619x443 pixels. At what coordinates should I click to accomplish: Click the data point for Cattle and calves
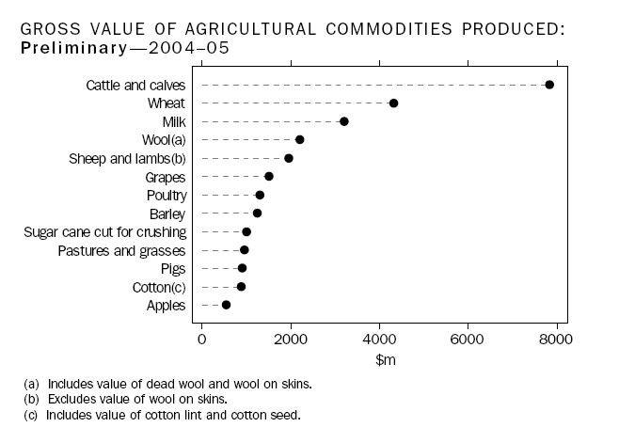pos(549,85)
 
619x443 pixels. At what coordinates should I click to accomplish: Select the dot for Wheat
pos(393,103)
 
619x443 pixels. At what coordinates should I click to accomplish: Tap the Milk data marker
pos(344,121)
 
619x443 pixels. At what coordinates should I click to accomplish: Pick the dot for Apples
pos(226,305)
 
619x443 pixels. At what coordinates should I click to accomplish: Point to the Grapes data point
pos(269,176)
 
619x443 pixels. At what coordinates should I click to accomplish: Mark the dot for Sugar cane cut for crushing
pos(246,231)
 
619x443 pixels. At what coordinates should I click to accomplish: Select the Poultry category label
pos(167,195)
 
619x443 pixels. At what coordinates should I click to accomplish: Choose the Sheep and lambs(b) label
pos(129,158)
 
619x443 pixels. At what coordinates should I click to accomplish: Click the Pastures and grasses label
pos(122,250)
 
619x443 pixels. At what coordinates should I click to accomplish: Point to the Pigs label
pos(173,268)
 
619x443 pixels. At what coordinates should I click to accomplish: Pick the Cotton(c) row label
pos(159,287)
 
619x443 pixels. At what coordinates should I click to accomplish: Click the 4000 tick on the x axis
pos(379,338)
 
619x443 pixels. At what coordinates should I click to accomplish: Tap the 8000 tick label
pos(557,338)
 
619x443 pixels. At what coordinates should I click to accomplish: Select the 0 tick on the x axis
pos(201,338)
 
